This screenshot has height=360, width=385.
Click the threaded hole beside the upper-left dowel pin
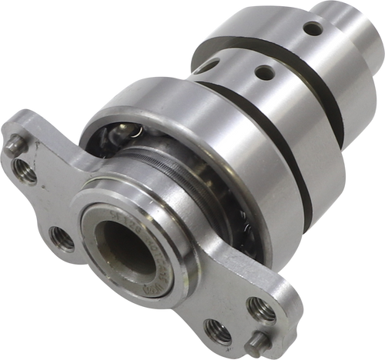pyautogui.click(x=25, y=173)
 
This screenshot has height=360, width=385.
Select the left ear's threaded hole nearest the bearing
pyautogui.click(x=61, y=238)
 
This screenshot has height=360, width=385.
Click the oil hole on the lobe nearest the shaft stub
pyautogui.click(x=313, y=28)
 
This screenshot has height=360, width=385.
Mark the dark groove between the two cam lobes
pyautogui.click(x=254, y=46)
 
